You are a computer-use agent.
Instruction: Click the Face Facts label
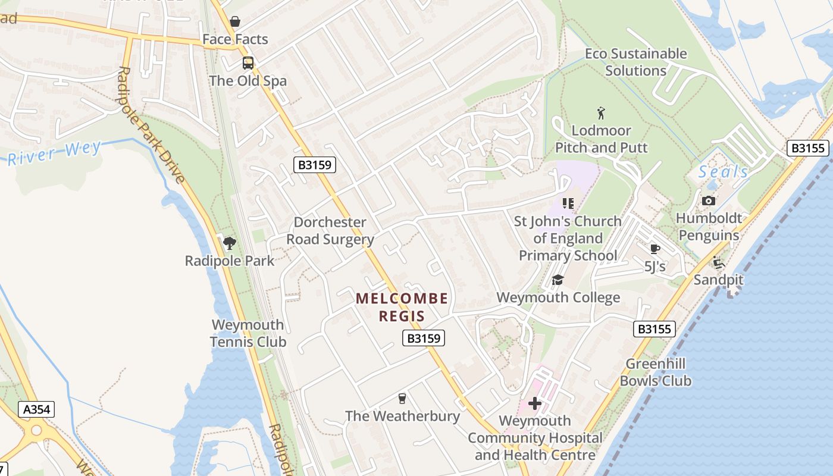(235, 39)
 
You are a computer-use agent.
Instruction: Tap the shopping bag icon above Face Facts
(235, 21)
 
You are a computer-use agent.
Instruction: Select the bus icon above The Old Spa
(248, 63)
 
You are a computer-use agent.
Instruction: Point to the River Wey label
(55, 153)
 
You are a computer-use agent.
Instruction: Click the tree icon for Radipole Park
(229, 243)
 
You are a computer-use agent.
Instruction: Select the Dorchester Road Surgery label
(330, 231)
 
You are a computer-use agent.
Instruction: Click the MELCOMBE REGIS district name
(402, 307)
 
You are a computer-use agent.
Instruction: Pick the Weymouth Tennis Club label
(248, 333)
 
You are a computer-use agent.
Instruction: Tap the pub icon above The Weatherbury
(402, 398)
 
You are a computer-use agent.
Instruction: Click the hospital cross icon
(535, 403)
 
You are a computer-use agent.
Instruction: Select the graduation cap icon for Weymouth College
(558, 280)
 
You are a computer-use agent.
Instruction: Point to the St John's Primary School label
(568, 238)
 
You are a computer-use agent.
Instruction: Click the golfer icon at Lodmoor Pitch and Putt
(601, 112)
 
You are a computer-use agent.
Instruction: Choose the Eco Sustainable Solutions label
(635, 62)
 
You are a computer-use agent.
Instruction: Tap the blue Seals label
(724, 172)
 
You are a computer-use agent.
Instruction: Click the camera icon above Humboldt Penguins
(709, 201)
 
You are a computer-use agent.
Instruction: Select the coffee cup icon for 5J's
(655, 249)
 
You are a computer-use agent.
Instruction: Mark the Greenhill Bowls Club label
(655, 372)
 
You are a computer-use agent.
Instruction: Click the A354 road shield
(36, 409)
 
